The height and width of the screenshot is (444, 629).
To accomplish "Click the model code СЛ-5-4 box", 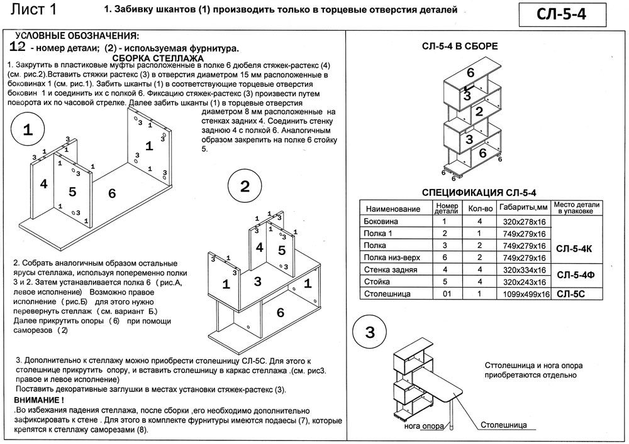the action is click(x=562, y=15).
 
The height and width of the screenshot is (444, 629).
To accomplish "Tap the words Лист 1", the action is click(x=34, y=9).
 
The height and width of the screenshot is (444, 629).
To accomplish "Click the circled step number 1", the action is click(x=28, y=129).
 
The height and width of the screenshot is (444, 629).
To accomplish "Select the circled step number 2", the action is click(x=245, y=186).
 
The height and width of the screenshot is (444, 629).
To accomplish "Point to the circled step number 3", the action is click(x=370, y=332).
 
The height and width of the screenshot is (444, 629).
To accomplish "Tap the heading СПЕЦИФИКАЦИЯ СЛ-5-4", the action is click(x=479, y=193).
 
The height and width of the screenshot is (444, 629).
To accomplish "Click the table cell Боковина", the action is click(x=381, y=222).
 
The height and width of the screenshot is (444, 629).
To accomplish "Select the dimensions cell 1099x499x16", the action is click(x=526, y=295).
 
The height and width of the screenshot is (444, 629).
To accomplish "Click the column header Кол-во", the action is click(x=480, y=208).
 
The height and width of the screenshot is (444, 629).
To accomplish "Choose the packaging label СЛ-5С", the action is click(x=571, y=295).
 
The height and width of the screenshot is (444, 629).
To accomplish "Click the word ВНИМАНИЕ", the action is click(x=37, y=400).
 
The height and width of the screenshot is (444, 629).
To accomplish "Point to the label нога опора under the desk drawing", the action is click(x=424, y=426).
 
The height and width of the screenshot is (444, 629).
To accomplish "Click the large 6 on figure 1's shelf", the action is click(x=112, y=194).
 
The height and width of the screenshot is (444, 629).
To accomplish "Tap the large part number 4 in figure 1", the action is click(x=44, y=184).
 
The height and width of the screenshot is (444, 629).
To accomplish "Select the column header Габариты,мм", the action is click(x=523, y=207).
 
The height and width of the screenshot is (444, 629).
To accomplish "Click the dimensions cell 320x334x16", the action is click(x=525, y=270).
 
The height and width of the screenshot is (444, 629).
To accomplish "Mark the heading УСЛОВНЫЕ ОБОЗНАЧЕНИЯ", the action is click(x=77, y=36).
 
